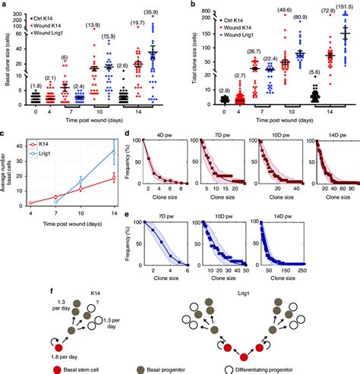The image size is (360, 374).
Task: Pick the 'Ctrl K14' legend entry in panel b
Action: click(x=220, y=15)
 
